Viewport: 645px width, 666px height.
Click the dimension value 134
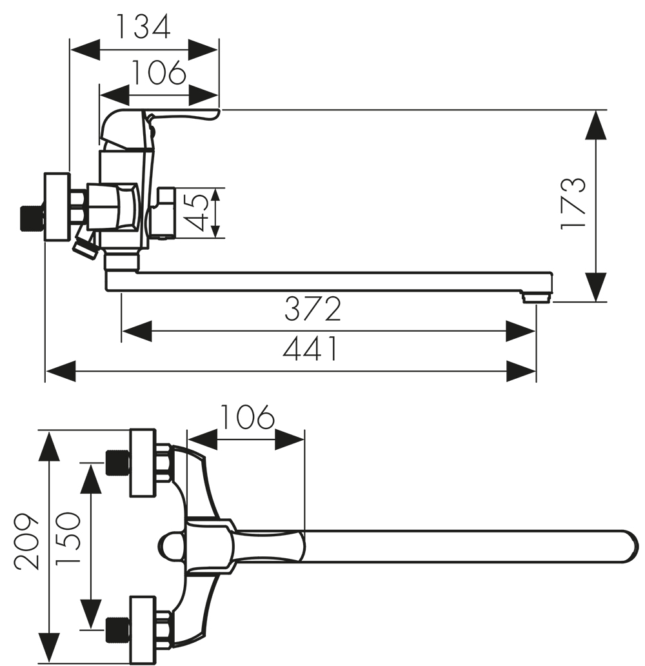143,26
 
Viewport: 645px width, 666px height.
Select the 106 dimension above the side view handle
159,72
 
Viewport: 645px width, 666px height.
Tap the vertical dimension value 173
573,205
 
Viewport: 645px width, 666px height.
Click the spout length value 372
312,308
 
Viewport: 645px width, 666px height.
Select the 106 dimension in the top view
248,417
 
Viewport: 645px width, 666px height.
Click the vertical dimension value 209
26,541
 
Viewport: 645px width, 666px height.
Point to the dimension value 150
68,538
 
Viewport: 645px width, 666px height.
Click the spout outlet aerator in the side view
536,297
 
